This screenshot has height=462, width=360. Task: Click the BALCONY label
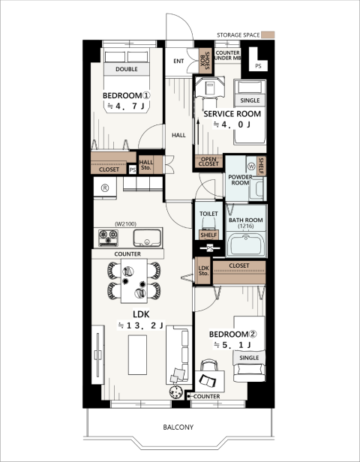[x=178, y=427]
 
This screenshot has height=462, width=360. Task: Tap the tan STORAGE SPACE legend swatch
[x=268, y=34]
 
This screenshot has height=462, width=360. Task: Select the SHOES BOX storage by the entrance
[x=205, y=61]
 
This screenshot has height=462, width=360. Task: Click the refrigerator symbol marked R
[x=105, y=187]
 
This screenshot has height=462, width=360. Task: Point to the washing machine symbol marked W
[x=251, y=166]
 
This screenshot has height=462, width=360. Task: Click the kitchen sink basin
[x=147, y=238]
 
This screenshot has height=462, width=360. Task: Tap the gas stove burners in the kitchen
[x=108, y=238]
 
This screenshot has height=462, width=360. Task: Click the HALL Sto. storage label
[x=146, y=165]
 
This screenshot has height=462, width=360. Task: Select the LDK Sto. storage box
[x=203, y=271]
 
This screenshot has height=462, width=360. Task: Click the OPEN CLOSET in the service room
[x=208, y=161]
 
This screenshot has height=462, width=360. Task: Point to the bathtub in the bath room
[x=246, y=244]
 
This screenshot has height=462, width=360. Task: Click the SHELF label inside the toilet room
[x=208, y=235]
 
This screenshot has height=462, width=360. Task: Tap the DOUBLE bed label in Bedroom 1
[x=127, y=69]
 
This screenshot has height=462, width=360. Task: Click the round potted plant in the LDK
[x=176, y=391]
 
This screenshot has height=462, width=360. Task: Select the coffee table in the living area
[x=137, y=355]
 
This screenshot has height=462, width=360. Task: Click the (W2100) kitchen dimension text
[x=125, y=224]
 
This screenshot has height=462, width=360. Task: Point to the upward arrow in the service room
[x=198, y=132]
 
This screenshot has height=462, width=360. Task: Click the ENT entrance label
[x=178, y=61]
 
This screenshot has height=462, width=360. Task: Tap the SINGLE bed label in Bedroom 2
[x=249, y=358]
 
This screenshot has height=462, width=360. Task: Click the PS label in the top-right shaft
[x=258, y=66]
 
